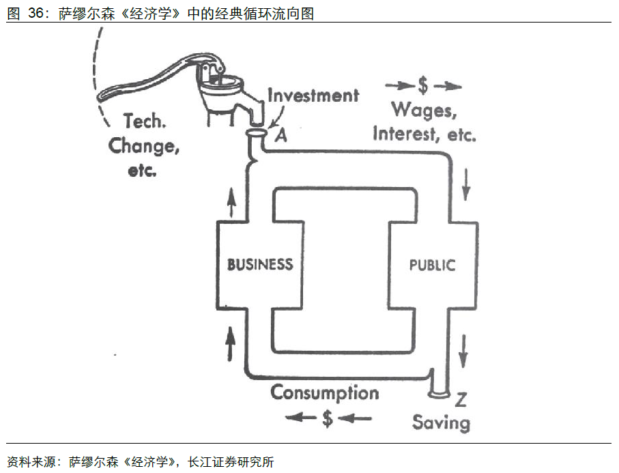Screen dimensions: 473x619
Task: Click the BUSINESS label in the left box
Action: pyautogui.click(x=260, y=264)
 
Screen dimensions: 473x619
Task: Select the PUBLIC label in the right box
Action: pyautogui.click(x=431, y=264)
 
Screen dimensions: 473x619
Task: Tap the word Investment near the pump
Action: pyautogui.click(x=313, y=95)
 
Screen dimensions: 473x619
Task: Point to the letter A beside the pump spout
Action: pyautogui.click(x=280, y=135)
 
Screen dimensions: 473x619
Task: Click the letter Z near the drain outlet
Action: pyautogui.click(x=461, y=399)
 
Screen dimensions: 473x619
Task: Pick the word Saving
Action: pyautogui.click(x=441, y=422)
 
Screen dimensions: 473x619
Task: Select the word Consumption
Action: pyautogui.click(x=324, y=392)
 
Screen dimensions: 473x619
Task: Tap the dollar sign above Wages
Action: pyautogui.click(x=423, y=86)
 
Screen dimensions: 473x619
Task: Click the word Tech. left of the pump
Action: pyautogui.click(x=145, y=122)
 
